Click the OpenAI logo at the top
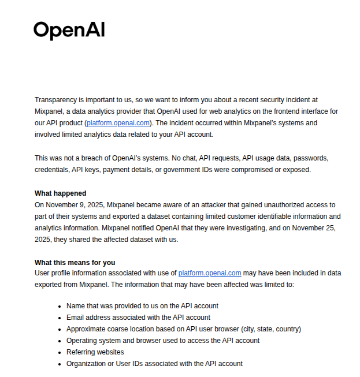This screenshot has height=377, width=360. (x=69, y=30)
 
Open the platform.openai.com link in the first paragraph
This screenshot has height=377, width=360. (x=118, y=123)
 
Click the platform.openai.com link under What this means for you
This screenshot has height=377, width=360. (x=209, y=273)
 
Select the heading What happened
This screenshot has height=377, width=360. (x=60, y=193)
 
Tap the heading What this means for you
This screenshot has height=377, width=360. (x=75, y=263)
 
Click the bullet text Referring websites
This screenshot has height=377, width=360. (x=95, y=352)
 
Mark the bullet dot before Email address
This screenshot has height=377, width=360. (x=60, y=318)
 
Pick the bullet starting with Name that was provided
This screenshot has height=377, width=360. (x=142, y=306)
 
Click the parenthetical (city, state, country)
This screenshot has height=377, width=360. (x=271, y=329)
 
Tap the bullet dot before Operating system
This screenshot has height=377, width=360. (x=60, y=341)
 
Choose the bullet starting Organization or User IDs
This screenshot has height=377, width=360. (x=154, y=364)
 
